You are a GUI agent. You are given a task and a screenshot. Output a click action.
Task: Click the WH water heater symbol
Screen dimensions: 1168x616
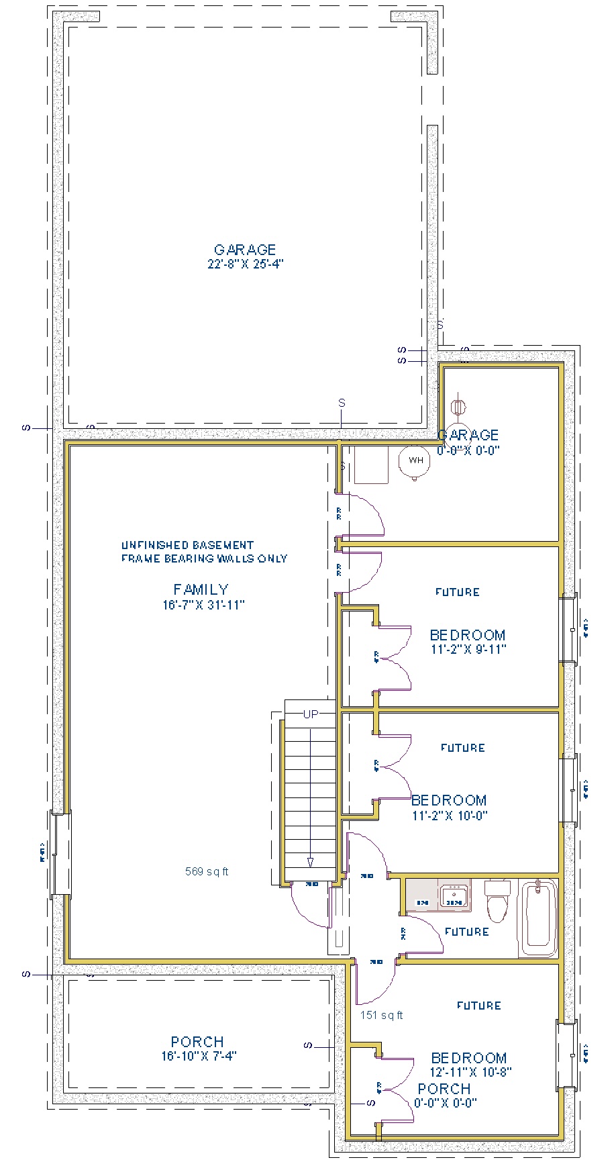click(x=416, y=460)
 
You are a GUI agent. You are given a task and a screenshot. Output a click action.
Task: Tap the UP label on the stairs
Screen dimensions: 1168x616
click(x=311, y=714)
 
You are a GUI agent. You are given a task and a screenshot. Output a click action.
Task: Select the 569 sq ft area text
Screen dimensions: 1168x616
click(x=207, y=871)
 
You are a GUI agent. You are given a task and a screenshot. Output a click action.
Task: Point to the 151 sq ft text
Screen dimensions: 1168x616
click(x=382, y=1015)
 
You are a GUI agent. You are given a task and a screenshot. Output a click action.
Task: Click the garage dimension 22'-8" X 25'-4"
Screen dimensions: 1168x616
click(x=246, y=264)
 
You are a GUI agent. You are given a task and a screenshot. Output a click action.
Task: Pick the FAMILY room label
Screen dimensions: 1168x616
click(x=201, y=589)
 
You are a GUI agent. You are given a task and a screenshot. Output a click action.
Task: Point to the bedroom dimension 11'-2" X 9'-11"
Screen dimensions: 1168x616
click(x=468, y=649)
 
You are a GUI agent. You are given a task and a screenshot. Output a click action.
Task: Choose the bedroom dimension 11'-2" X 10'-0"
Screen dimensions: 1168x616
click(x=450, y=816)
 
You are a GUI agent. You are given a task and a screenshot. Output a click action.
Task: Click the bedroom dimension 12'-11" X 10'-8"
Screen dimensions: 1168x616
click(x=471, y=1072)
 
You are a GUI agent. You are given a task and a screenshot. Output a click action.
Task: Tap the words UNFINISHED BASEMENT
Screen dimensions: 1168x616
click(x=187, y=545)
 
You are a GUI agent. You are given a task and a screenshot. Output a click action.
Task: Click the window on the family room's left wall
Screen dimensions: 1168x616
click(x=60, y=853)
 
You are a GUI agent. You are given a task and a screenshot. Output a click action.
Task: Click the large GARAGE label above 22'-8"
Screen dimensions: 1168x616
click(x=245, y=250)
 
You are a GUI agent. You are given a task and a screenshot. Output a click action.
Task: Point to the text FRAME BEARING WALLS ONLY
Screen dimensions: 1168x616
click(x=204, y=558)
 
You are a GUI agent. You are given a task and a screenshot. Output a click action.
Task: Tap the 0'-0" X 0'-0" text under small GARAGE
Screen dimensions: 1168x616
click(x=468, y=450)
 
